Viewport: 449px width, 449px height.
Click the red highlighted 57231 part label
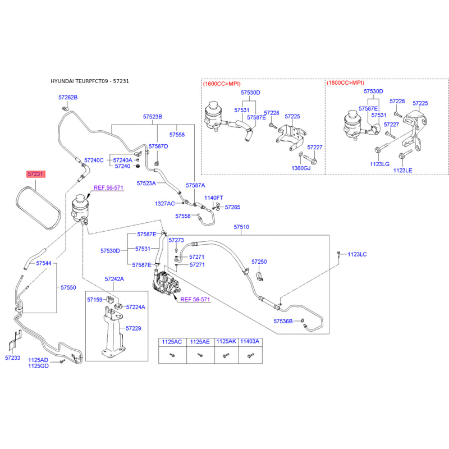(x=36, y=174)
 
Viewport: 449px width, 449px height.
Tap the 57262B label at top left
(x=68, y=97)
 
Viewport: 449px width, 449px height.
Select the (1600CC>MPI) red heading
(x=222, y=84)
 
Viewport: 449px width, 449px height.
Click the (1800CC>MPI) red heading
(x=345, y=83)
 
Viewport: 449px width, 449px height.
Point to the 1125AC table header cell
(x=172, y=342)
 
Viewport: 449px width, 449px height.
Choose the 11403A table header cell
(x=250, y=341)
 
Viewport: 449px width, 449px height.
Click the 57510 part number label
(x=241, y=227)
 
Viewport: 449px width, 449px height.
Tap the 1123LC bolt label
(x=357, y=254)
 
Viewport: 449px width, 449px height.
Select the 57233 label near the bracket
(x=12, y=358)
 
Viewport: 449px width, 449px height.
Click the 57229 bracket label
(x=134, y=328)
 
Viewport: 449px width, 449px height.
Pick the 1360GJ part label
(x=301, y=168)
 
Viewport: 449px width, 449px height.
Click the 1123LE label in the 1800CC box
(x=402, y=171)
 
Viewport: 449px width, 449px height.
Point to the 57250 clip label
(x=259, y=262)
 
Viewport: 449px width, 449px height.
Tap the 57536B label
(x=283, y=321)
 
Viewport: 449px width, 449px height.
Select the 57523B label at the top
(x=153, y=117)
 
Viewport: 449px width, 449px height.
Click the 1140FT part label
(x=214, y=198)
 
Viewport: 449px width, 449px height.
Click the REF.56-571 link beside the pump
(x=195, y=300)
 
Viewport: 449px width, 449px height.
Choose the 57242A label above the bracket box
(x=114, y=279)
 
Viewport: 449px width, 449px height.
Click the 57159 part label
(x=95, y=300)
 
